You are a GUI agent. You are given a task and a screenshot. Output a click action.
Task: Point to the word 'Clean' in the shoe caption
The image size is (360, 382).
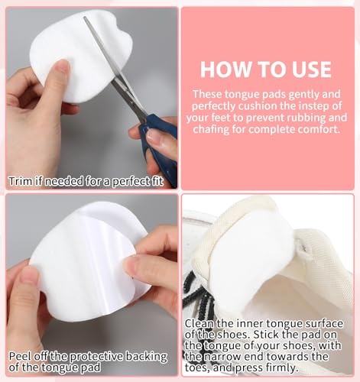[199, 324]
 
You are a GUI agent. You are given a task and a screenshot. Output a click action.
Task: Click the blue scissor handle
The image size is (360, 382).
[159, 149]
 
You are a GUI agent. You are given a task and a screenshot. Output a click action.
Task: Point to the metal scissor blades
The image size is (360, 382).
[113, 67]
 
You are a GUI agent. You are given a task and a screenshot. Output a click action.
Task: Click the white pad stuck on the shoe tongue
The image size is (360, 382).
[251, 254]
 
